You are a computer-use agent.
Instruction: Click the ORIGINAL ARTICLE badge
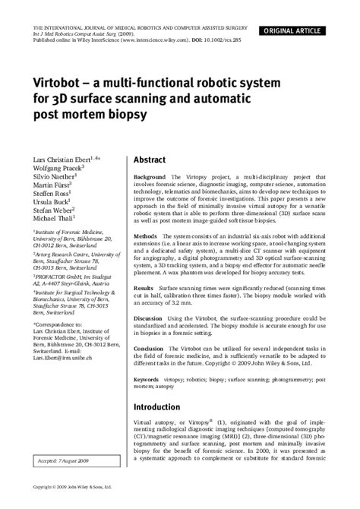308,9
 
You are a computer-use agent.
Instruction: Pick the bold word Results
144,289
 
